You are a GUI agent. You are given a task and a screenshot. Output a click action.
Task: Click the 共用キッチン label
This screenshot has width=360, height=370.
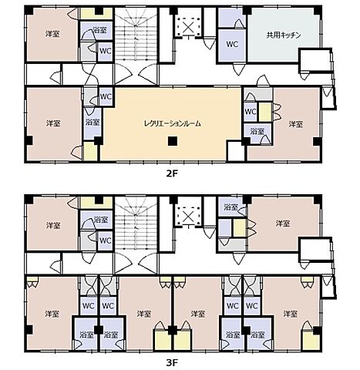coord(284,35)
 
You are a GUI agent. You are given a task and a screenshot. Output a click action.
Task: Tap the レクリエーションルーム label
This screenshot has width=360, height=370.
coord(173,124)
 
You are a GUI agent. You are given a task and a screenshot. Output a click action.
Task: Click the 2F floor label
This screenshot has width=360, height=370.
coord(172,174)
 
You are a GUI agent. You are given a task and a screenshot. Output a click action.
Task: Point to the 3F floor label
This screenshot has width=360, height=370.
coord(172,363)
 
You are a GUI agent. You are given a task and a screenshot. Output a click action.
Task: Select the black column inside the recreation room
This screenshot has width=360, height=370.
coord(173,141)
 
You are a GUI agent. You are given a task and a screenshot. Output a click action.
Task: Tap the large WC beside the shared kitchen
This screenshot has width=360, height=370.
coord(232,44)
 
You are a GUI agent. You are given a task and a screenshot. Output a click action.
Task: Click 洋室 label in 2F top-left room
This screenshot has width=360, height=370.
coord(52,34)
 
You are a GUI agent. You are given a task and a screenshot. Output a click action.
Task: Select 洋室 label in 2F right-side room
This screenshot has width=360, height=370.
coord(296,124)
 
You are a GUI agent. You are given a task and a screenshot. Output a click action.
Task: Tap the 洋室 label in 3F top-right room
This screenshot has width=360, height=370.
coord(283,224)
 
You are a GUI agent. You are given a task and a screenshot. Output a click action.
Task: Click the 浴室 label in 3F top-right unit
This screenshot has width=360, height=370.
coord(230,207)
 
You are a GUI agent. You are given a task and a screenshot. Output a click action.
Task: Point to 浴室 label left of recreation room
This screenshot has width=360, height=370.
coord(93,122)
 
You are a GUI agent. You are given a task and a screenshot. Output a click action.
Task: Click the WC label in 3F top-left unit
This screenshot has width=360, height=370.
coord(106,240)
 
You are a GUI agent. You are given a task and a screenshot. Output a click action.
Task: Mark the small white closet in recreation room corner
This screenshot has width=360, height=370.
coord(235,151)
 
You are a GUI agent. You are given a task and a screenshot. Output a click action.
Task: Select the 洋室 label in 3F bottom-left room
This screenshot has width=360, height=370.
coord(52,314)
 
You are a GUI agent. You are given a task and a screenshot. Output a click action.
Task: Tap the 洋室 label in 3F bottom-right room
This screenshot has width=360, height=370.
coord(291,314)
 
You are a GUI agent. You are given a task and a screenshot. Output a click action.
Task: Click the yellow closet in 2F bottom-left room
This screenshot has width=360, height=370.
coord(90,152)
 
